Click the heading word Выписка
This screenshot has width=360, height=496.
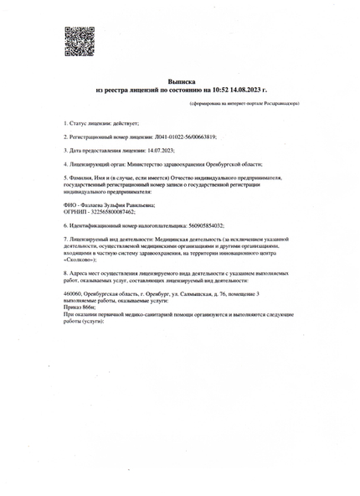pos(181,81)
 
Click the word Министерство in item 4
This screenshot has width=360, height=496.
pos(152,164)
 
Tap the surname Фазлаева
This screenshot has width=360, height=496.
pos(90,205)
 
